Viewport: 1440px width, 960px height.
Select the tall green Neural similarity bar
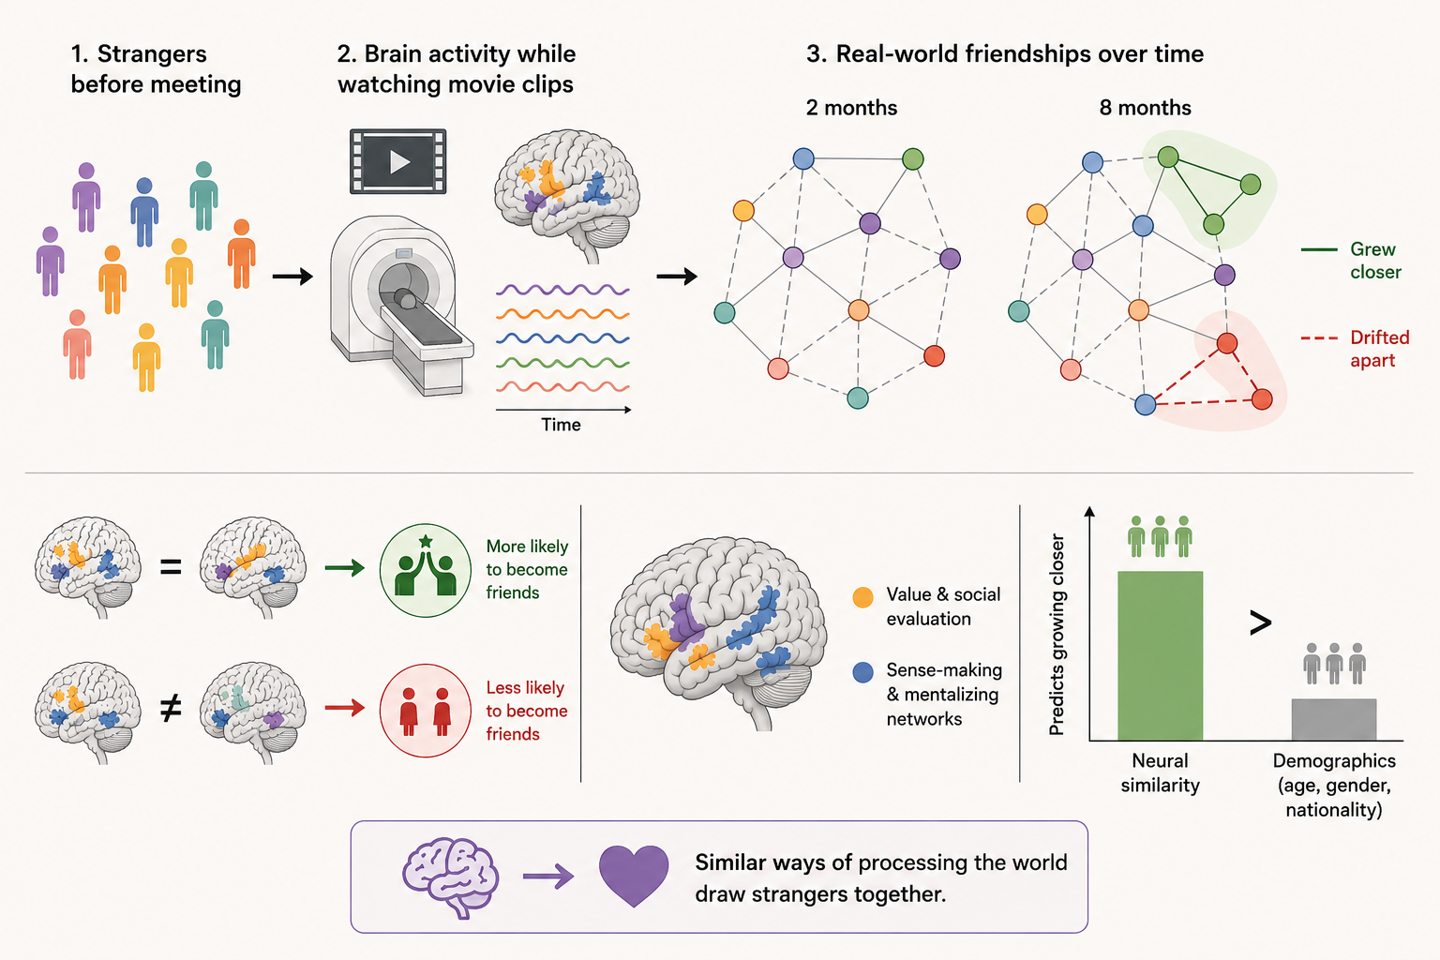pyautogui.click(x=1160, y=655)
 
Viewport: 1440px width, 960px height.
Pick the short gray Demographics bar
pyautogui.click(x=1334, y=719)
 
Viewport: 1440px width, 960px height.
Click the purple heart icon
pyautogui.click(x=634, y=876)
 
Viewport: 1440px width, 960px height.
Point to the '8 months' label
pyautogui.click(x=1145, y=108)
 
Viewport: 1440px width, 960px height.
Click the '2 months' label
pyautogui.click(x=851, y=108)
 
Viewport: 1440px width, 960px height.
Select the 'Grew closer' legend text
pyautogui.click(x=1375, y=261)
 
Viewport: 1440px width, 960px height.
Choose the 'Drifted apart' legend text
pyautogui.click(x=1380, y=349)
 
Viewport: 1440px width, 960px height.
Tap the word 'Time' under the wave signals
pyautogui.click(x=561, y=425)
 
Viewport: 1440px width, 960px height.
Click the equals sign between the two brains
pyautogui.click(x=171, y=566)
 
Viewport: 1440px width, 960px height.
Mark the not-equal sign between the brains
pyautogui.click(x=171, y=709)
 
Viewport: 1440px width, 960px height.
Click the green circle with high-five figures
pyautogui.click(x=425, y=570)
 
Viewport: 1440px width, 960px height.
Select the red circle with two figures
pyautogui.click(x=425, y=711)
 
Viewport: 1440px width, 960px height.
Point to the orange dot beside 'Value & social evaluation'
pyautogui.click(x=862, y=597)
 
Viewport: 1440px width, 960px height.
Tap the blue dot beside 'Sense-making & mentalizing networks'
pyautogui.click(x=862, y=672)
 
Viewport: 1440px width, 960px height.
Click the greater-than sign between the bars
pyautogui.click(x=1260, y=622)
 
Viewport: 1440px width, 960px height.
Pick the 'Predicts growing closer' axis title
pyautogui.click(x=1057, y=635)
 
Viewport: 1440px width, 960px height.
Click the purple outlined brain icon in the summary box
pyautogui.click(x=451, y=876)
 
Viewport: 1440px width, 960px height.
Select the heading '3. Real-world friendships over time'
pyautogui.click(x=1005, y=54)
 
